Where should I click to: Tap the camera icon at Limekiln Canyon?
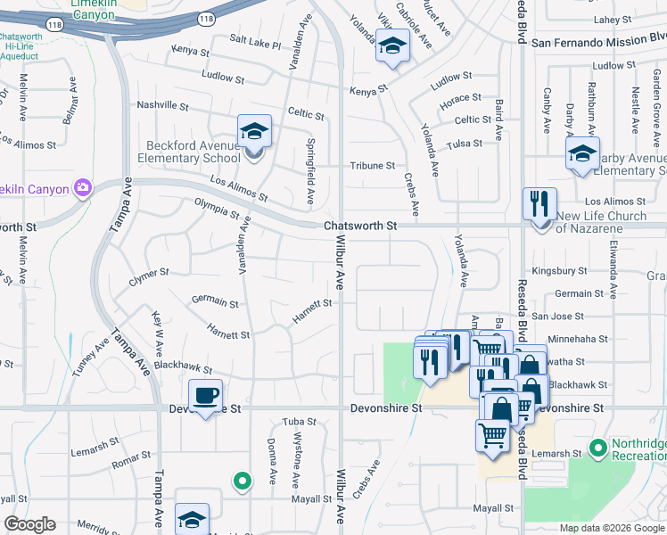83,187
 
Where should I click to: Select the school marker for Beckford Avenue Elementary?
254,133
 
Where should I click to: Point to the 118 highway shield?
207,18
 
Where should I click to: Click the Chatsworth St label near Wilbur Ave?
360,226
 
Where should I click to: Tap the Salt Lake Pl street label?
255,41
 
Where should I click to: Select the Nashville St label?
162,105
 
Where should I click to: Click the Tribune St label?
372,166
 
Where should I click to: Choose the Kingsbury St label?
558,270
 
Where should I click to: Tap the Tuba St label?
300,421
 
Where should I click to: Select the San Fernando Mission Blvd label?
598,40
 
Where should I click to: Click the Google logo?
29,524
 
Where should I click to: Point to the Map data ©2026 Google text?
612,528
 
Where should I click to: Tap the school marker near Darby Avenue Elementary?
582,154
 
